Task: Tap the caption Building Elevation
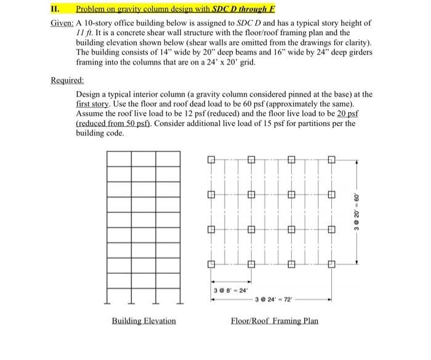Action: (143, 321)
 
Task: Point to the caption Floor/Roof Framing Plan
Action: (275, 321)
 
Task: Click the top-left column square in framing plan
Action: (210, 161)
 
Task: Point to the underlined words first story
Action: (91, 105)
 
